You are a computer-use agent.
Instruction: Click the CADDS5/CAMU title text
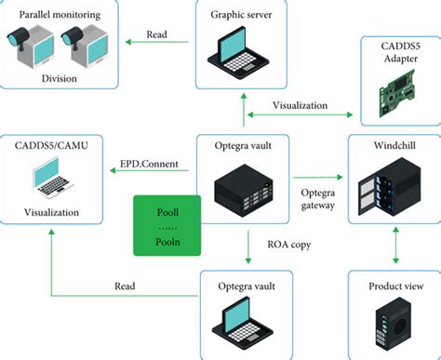(53, 146)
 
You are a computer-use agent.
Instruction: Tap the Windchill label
(392, 147)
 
